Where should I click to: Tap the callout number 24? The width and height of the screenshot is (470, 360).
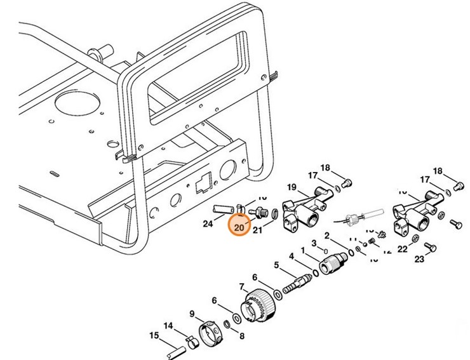(208, 223)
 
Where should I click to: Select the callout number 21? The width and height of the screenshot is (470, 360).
(257, 231)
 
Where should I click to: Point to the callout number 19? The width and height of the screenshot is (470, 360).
(292, 187)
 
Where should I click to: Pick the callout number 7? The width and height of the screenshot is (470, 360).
(241, 286)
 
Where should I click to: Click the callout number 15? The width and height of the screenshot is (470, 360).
(154, 335)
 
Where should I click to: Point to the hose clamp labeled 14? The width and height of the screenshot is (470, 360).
(185, 339)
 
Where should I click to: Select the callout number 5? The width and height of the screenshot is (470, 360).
(276, 265)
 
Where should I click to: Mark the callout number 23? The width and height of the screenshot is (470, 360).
(419, 259)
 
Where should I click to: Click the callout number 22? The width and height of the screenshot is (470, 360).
(403, 249)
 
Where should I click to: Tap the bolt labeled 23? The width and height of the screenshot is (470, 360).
(430, 246)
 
